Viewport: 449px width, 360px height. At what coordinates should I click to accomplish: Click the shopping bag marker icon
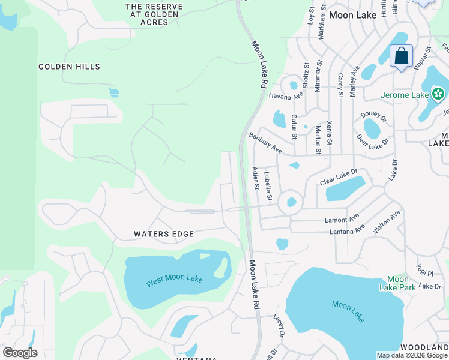(401, 56)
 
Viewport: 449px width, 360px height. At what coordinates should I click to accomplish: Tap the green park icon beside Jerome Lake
(438, 94)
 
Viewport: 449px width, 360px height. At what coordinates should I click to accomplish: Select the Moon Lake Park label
(397, 283)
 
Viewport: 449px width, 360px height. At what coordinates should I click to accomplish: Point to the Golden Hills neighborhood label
(70, 67)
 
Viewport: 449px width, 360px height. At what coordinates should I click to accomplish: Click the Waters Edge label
(164, 234)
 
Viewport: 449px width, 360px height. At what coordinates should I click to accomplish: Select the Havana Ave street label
(285, 95)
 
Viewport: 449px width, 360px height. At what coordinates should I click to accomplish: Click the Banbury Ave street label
(265, 143)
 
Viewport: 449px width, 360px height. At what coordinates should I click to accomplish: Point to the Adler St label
(256, 178)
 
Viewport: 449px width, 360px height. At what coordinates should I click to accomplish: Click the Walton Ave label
(386, 221)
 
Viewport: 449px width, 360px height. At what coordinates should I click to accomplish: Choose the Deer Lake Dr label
(372, 142)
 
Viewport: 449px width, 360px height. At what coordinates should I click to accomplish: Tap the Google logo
(20, 353)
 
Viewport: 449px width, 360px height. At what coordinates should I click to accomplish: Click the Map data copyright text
(412, 355)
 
